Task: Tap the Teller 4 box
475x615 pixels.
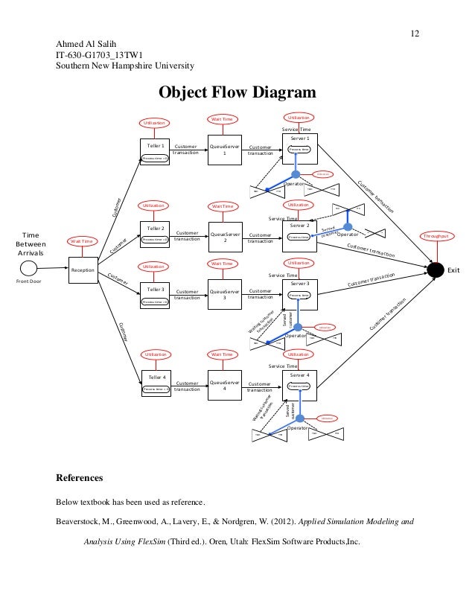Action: pos(156,383)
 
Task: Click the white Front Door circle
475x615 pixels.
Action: pos(28,267)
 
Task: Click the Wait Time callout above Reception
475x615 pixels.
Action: pos(82,240)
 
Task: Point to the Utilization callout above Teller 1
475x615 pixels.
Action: pos(155,122)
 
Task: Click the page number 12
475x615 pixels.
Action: pos(415,34)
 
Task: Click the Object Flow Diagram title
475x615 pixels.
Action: pos(237,92)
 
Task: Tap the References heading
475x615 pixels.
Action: pos(80,477)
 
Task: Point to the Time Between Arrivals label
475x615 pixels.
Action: pos(31,243)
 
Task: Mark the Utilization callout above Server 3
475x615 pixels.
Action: pos(299,263)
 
